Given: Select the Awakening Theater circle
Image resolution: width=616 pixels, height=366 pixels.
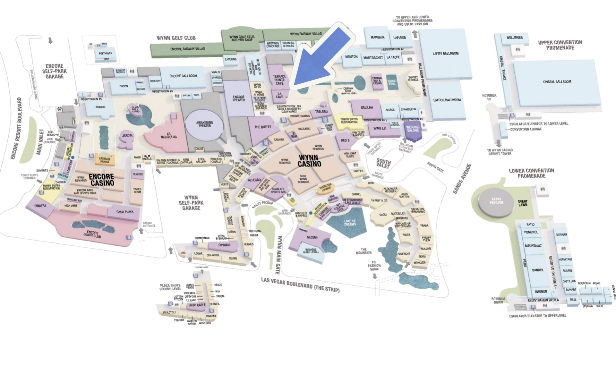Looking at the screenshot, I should [x=205, y=124].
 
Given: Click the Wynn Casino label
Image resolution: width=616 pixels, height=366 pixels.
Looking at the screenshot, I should [x=309, y=161].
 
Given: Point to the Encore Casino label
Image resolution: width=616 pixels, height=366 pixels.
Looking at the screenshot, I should [x=102, y=180].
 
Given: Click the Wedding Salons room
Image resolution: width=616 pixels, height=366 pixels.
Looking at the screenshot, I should [x=413, y=129].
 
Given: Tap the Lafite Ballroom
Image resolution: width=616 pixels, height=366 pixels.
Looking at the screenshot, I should [x=445, y=54].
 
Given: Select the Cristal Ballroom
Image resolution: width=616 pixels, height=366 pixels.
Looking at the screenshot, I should [x=557, y=82].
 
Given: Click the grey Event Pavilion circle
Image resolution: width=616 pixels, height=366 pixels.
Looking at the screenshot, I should [x=496, y=201].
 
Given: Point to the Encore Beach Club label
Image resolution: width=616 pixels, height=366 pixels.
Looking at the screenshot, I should [x=92, y=234].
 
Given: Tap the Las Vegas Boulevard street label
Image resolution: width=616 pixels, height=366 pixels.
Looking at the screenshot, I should [x=300, y=285].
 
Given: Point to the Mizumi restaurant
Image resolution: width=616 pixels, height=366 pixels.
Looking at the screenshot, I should [x=312, y=237].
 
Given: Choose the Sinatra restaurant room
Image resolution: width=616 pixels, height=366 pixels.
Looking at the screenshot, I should [x=40, y=206].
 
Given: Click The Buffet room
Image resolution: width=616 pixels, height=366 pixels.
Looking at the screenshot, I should [x=263, y=127].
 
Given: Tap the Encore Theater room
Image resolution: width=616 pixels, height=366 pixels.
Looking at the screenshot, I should [x=238, y=98].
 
